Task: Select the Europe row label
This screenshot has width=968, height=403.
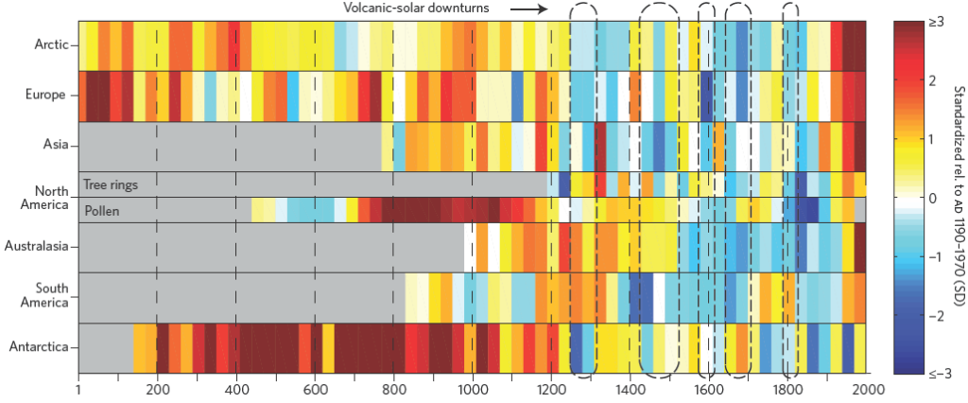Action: point(46,95)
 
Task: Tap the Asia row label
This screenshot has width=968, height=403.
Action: point(53,146)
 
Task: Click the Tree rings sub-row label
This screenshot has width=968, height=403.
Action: point(112,184)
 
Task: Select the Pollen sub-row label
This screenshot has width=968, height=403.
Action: point(102,210)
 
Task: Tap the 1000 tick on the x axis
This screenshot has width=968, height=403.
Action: point(472,389)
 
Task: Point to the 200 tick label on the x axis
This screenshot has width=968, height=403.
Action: point(157,389)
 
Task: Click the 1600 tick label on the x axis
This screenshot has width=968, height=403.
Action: point(708,389)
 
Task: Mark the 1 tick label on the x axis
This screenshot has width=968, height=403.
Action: point(78,389)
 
